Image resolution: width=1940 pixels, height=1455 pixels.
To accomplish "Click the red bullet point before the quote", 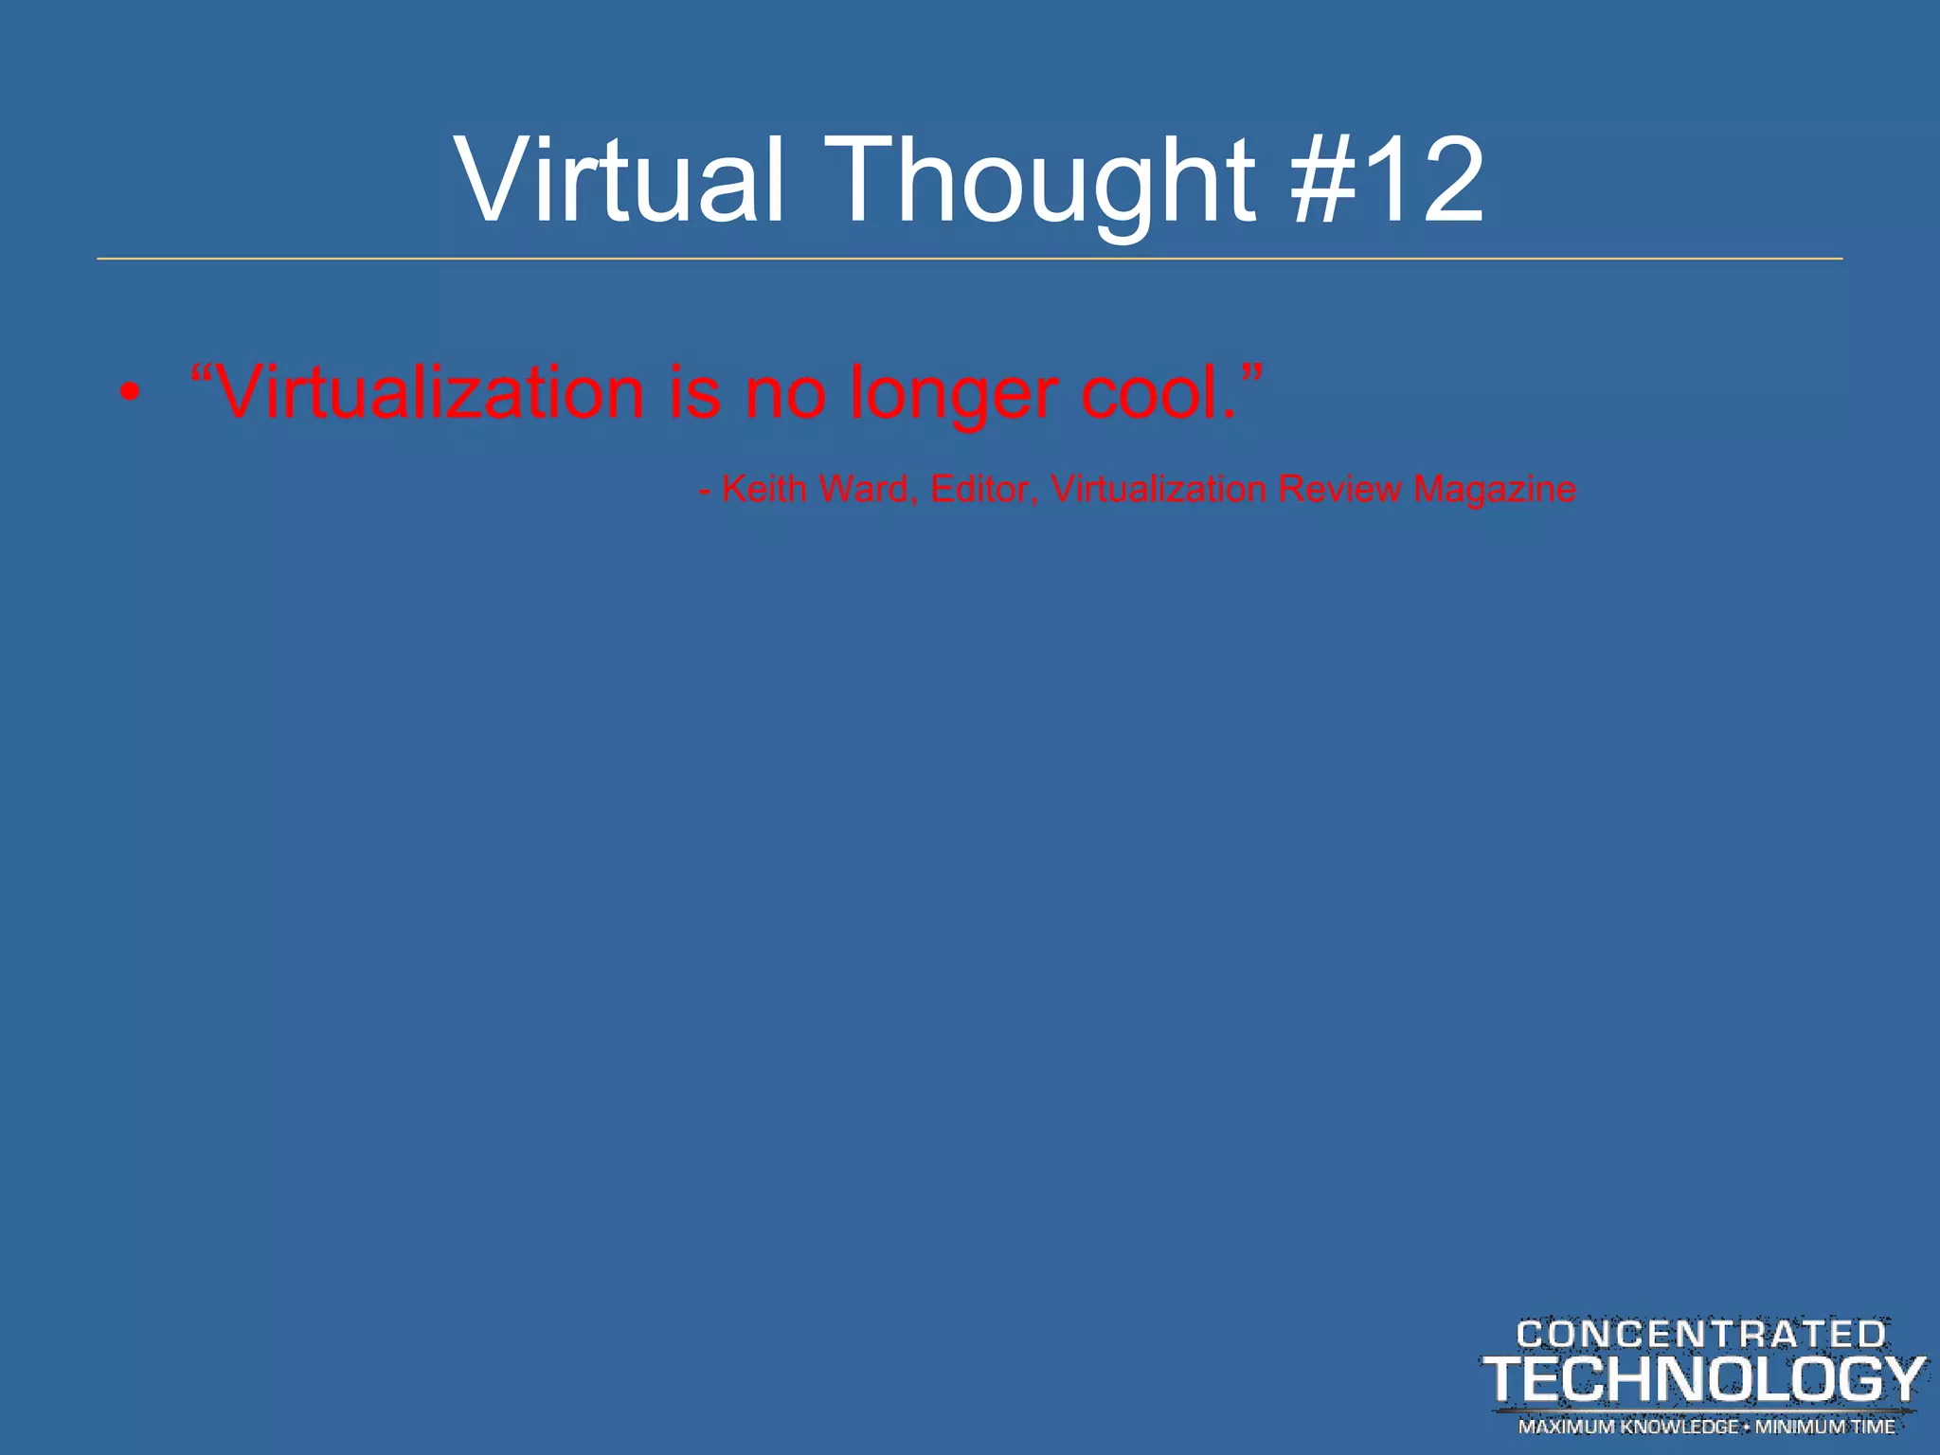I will click(131, 393).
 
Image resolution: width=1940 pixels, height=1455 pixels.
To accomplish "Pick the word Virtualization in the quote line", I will click(431, 392).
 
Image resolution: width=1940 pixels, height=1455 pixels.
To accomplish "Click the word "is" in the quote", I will click(694, 392).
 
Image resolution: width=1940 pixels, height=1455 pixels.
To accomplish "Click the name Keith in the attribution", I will click(763, 489).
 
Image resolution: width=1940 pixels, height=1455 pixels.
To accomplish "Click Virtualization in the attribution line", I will click(1159, 489).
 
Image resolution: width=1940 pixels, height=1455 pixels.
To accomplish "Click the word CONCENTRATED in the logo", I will click(1701, 1335).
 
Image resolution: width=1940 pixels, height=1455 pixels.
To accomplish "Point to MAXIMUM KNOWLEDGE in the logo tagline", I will click(1628, 1427).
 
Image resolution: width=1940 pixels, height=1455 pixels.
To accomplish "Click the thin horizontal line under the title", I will click(970, 259).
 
